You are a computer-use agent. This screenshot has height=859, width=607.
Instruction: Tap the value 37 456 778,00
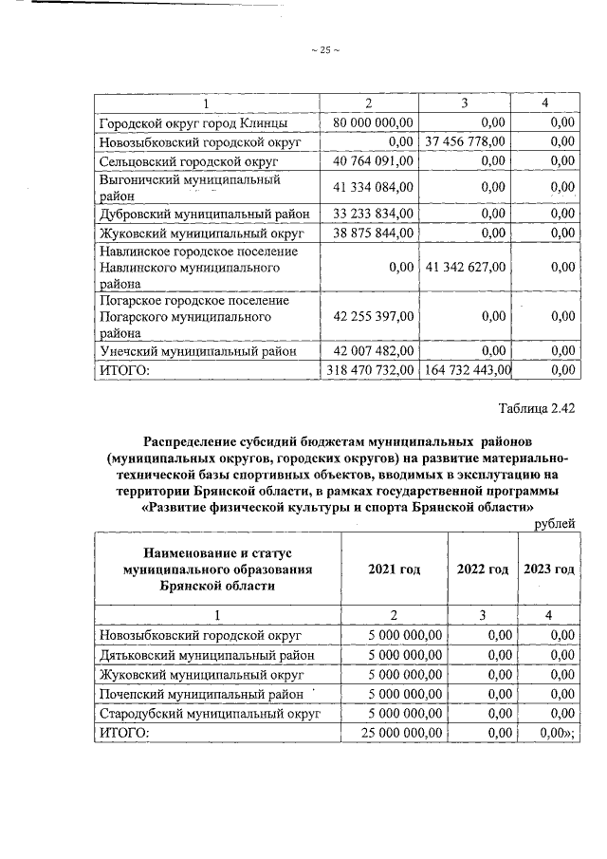click(x=465, y=141)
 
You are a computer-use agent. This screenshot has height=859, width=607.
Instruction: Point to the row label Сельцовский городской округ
click(x=183, y=161)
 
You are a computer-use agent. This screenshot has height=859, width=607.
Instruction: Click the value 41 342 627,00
click(x=465, y=267)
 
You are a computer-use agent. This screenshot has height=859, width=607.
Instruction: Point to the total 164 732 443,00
click(x=466, y=370)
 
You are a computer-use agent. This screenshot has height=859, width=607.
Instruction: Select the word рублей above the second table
click(x=555, y=523)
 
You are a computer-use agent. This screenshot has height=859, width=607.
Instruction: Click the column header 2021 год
click(x=393, y=569)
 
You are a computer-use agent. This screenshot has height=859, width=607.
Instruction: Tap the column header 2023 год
click(x=549, y=569)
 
